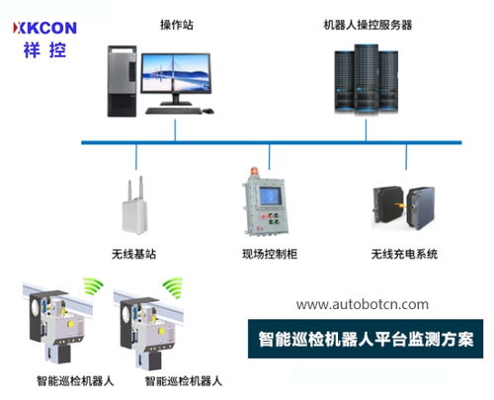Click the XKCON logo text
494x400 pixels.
point(44,28)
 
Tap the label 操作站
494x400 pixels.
point(177,25)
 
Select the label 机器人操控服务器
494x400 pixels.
point(368,25)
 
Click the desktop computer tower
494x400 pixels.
point(122,81)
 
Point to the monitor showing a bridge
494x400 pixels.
point(176,74)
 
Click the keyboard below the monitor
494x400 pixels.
point(174,111)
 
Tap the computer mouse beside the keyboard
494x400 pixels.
point(207,112)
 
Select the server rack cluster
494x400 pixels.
point(367,79)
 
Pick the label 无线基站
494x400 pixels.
point(133,254)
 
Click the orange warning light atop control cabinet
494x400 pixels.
point(255,172)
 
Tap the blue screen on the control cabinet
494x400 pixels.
point(271,196)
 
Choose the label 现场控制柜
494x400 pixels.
point(270,254)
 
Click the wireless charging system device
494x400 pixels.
point(404,208)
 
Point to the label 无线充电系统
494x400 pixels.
point(404,254)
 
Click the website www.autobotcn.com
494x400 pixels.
point(363,304)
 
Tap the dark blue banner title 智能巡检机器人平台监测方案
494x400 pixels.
point(366,339)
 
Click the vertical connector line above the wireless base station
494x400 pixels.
point(136,157)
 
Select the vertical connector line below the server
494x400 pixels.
point(366,130)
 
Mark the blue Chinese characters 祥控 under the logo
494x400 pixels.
point(44,50)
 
